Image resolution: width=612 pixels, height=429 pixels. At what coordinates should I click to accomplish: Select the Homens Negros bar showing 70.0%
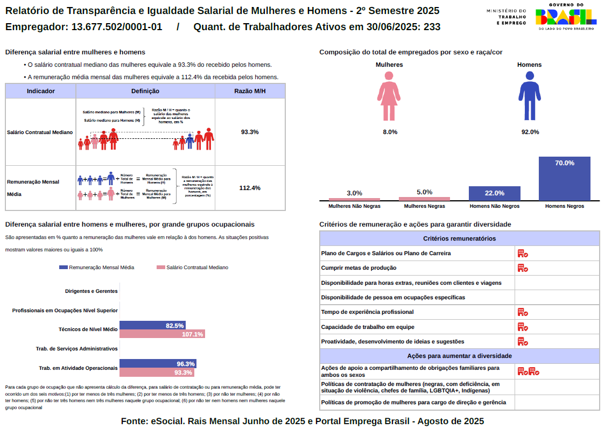(564, 179)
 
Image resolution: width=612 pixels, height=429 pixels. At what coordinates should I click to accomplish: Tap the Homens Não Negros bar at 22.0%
(494, 193)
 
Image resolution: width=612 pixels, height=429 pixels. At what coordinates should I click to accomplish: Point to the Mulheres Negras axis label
(424, 206)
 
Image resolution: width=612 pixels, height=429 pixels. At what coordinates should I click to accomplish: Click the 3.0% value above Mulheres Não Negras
(354, 193)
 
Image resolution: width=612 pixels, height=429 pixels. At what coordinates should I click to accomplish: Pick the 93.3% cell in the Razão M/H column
(250, 132)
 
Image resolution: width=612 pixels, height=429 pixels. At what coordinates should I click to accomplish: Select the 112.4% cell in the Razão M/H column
(250, 188)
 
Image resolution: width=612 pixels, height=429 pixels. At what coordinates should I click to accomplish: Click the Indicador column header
(41, 91)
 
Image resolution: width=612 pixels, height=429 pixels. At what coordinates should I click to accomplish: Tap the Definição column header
(145, 91)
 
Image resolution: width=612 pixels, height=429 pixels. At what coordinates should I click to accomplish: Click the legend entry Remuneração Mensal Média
(97, 268)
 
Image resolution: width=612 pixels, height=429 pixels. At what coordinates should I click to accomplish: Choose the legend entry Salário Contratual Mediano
(192, 268)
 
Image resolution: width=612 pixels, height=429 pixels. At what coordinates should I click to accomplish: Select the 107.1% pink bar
(162, 334)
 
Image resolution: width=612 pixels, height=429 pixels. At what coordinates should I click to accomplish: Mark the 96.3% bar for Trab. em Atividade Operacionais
(157, 363)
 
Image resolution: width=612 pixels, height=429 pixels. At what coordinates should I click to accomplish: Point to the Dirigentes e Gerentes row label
(91, 291)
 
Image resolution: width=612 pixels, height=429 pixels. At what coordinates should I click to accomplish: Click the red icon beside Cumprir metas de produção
(522, 268)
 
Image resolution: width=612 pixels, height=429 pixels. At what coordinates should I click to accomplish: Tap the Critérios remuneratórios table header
(459, 238)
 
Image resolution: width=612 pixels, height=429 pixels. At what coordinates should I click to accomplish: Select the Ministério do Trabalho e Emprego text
(507, 17)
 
